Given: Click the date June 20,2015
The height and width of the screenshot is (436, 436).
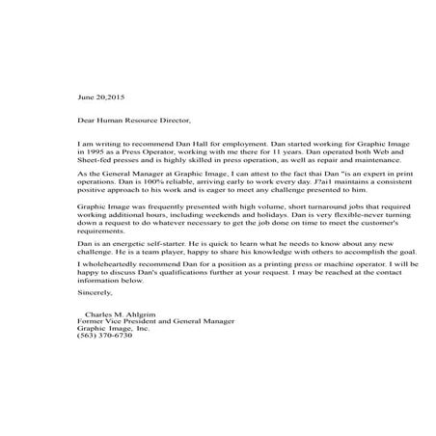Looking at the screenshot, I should (x=101, y=97).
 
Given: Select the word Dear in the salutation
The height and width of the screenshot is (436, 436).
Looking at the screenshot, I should (x=86, y=121).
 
